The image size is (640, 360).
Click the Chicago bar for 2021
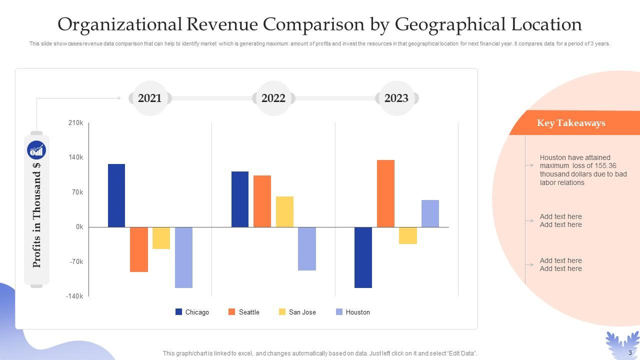(116, 195)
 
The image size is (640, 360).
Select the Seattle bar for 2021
(139, 249)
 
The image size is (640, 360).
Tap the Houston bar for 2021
(183, 257)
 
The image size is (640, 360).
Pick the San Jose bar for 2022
(284, 211)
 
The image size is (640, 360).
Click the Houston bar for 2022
(307, 248)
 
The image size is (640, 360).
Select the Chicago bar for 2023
(363, 257)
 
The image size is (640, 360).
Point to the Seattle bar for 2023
(385, 193)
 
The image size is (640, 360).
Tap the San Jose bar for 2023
(408, 235)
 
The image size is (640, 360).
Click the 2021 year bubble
(150, 98)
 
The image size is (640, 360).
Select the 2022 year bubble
(273, 98)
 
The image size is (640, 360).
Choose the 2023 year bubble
(396, 98)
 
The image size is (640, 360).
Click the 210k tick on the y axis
(76, 123)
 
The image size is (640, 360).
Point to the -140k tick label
(74, 296)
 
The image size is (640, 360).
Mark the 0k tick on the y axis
(79, 227)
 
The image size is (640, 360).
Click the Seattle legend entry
(244, 312)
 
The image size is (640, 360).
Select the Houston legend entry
(352, 312)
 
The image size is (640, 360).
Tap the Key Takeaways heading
(571, 123)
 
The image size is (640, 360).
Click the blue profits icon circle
(36, 150)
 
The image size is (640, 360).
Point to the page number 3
(630, 353)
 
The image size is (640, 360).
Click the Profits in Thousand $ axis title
(36, 215)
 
